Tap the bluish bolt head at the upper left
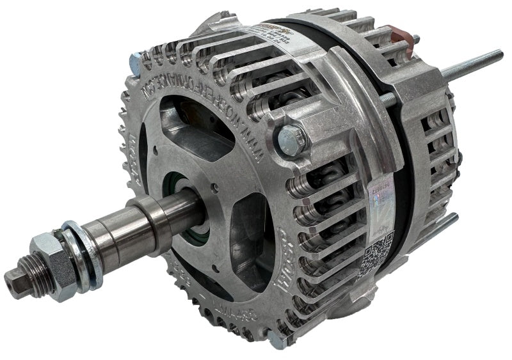click(x=135, y=63)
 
